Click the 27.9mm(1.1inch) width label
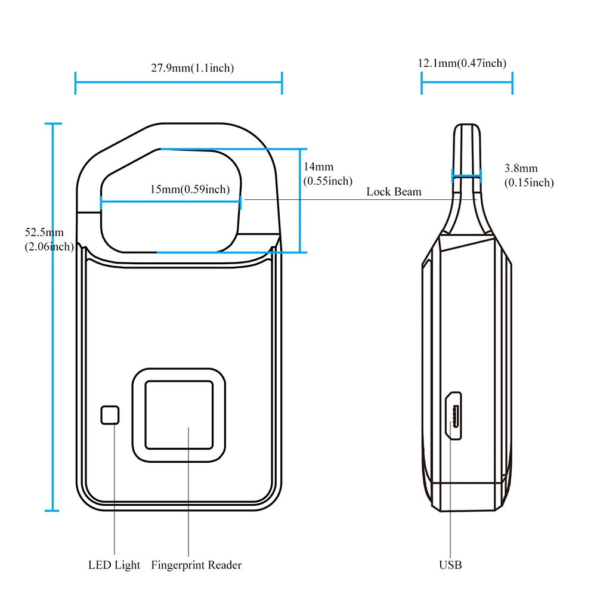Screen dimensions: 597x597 point(192,68)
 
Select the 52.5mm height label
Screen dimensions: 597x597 point(44,233)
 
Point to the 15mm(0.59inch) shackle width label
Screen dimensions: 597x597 point(189,190)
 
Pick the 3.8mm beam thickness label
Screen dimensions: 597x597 point(521,169)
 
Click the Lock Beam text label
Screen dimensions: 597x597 point(394,191)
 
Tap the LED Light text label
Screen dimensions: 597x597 point(114,565)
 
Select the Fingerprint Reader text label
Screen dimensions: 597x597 point(196,565)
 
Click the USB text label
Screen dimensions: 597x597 point(450,565)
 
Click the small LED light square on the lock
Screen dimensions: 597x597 point(110,415)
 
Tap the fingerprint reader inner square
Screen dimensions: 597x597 point(179,415)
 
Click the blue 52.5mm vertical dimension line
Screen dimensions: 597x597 point(53,316)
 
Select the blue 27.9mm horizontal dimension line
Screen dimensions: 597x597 point(178,83)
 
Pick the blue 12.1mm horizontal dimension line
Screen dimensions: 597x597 point(467,83)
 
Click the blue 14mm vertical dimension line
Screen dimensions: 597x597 point(299,200)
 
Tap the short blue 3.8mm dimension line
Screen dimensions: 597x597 point(466,175)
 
